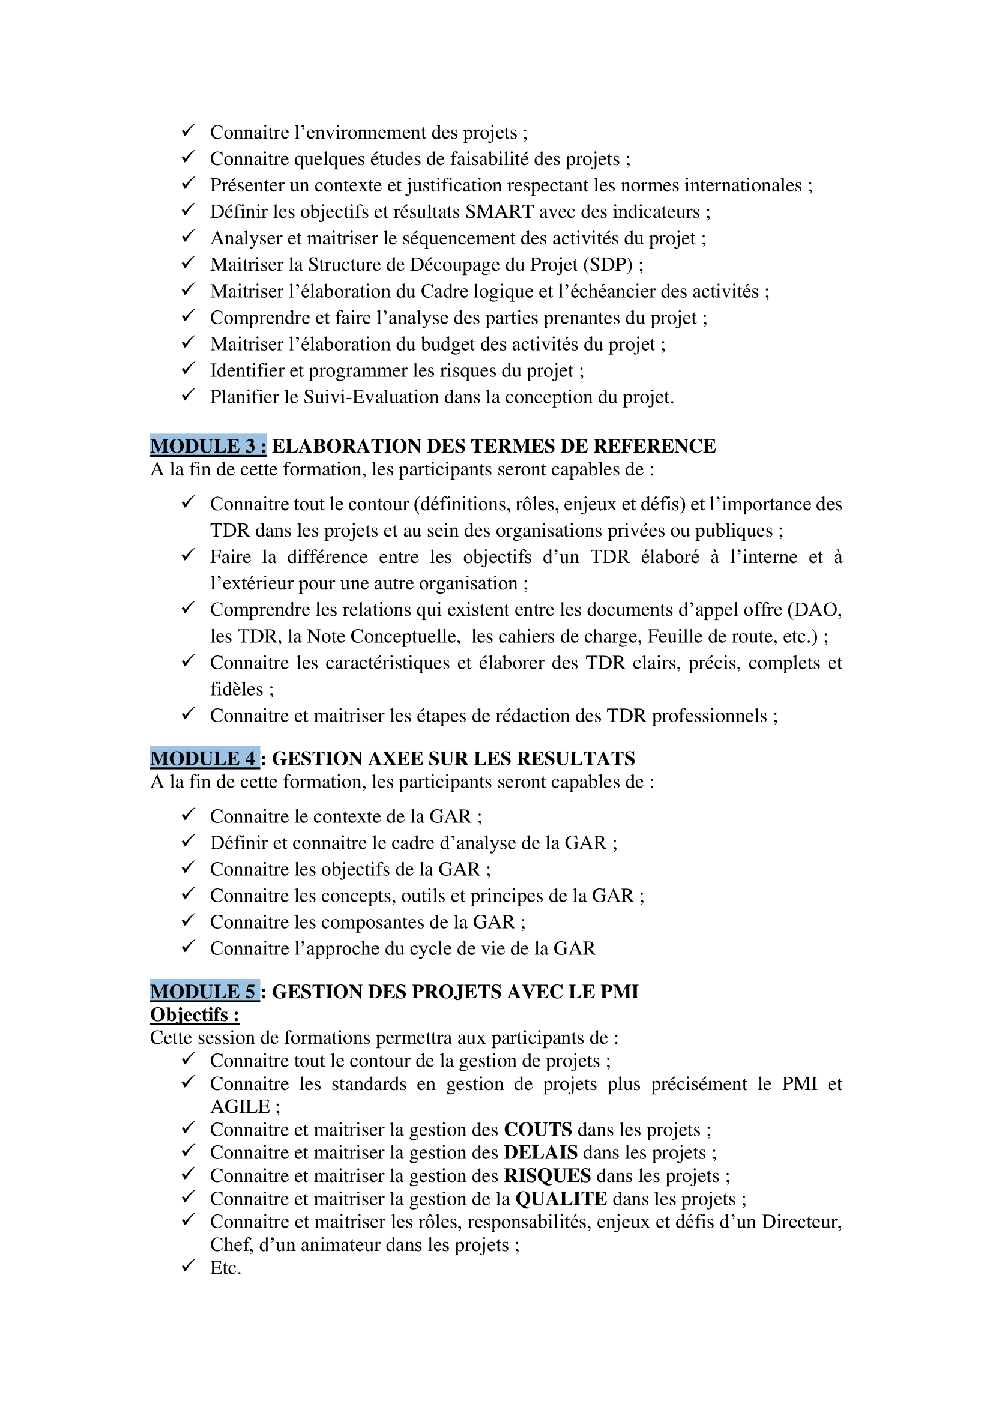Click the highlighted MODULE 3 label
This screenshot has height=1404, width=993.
click(x=208, y=446)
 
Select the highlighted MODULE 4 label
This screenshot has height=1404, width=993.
click(x=204, y=758)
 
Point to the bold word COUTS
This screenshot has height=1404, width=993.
click(x=537, y=1130)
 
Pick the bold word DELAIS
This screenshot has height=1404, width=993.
click(x=540, y=1152)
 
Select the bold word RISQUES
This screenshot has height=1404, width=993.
click(x=548, y=1176)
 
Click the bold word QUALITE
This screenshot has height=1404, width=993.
click(x=561, y=1199)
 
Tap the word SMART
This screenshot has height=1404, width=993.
click(x=500, y=211)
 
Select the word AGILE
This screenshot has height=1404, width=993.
click(x=240, y=1107)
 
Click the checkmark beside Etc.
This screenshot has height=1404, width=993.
click(x=188, y=1265)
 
